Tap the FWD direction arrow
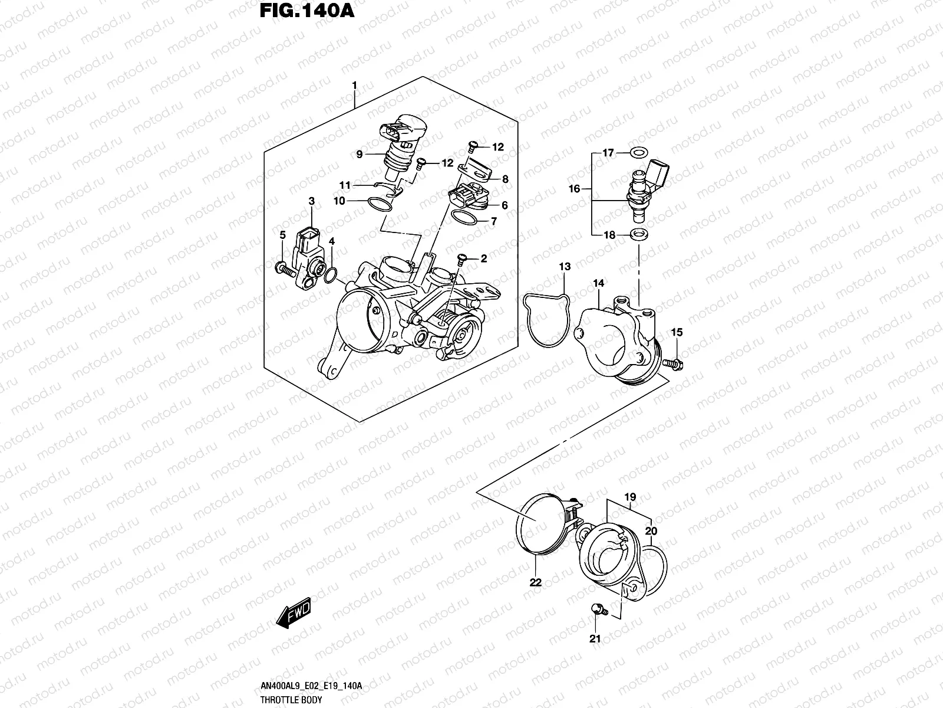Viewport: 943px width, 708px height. [293, 616]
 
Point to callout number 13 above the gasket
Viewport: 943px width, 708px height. [565, 267]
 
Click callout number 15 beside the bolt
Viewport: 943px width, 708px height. [677, 333]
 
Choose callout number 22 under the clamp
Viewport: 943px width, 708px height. [535, 582]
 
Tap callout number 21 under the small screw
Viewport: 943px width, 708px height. [595, 639]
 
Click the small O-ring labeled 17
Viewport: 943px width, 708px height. [637, 153]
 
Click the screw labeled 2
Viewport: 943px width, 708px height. [461, 258]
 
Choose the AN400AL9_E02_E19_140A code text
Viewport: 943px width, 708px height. [311, 687]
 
